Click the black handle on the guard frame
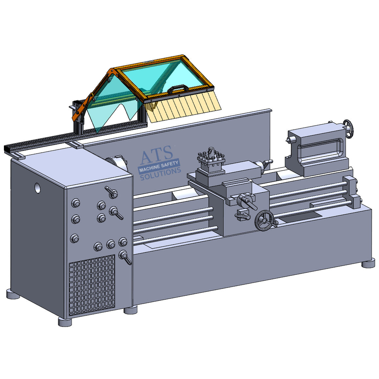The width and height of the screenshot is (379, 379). pyautogui.click(x=177, y=88)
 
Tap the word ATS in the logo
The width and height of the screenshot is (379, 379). pyautogui.click(x=156, y=155)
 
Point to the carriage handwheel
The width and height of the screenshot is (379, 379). pyautogui.click(x=264, y=221)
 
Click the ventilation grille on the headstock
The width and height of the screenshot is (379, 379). pyautogui.click(x=92, y=284)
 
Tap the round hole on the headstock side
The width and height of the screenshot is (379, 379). pyautogui.click(x=39, y=188)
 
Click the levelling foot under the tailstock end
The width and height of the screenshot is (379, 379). pyautogui.click(x=368, y=263)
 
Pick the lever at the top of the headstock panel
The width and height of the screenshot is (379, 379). pyautogui.click(x=112, y=192)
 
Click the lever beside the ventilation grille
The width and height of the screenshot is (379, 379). pyautogui.click(x=125, y=257)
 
